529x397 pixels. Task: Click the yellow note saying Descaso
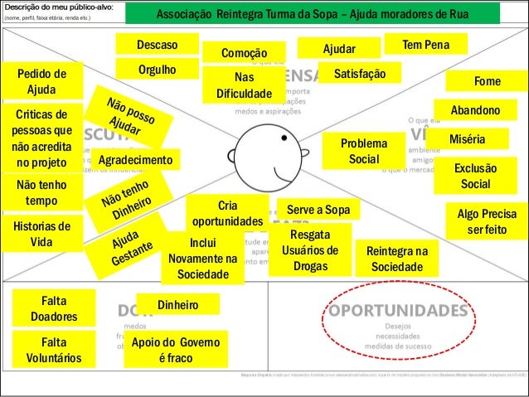158,44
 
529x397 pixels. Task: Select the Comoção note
243,52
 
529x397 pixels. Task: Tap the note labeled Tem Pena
422,44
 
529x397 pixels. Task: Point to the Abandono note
475,111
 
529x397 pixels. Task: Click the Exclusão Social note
475,176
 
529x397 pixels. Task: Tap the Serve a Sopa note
318,209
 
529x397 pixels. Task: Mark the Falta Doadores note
54,307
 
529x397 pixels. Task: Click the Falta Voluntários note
54,350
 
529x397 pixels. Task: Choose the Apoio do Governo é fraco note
170,351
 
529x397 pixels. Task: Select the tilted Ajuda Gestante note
133,248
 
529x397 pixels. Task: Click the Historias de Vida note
42,234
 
